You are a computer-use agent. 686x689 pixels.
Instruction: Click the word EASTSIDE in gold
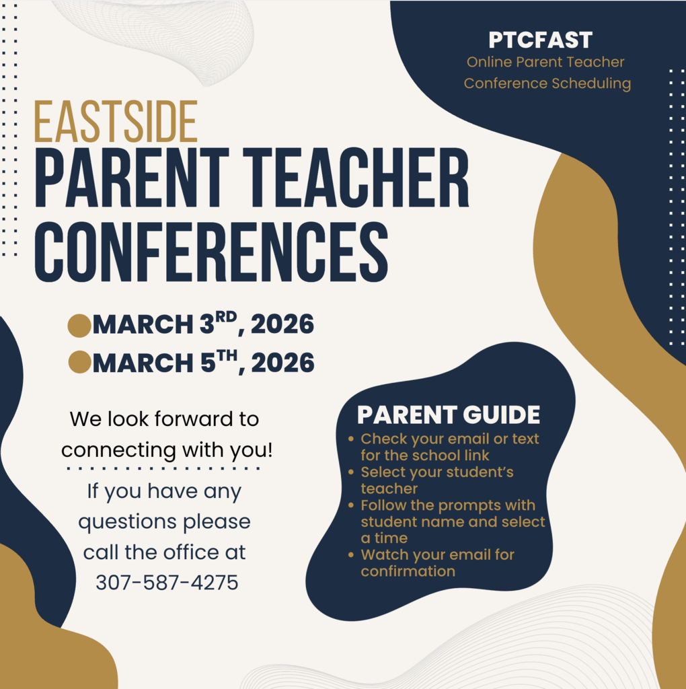116,122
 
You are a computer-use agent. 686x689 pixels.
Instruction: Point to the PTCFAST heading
540,40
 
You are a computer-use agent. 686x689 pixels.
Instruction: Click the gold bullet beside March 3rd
79,325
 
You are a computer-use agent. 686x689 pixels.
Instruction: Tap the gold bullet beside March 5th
79,363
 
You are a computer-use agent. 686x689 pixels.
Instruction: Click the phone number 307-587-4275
167,582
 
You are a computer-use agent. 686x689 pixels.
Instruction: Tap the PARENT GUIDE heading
448,415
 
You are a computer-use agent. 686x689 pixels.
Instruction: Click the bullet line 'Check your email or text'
449,439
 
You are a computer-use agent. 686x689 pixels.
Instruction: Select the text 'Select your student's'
436,472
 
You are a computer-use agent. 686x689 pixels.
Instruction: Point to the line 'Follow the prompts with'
447,505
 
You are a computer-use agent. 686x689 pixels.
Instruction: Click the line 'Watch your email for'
437,554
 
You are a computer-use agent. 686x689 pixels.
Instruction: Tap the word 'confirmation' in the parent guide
408,571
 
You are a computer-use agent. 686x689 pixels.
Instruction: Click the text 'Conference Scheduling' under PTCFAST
547,83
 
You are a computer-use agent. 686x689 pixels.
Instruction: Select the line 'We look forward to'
164,419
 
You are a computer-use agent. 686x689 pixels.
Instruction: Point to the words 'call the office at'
164,552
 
